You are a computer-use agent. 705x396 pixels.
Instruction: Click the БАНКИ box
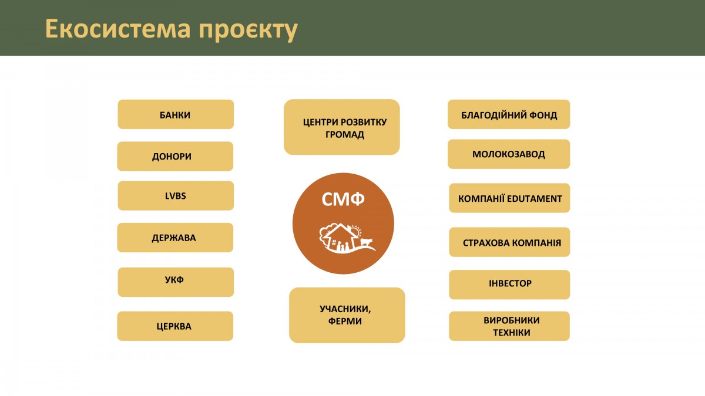pos(176,114)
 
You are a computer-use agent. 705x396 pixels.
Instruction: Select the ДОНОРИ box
pos(175,156)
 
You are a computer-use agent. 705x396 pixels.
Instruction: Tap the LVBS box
pos(176,195)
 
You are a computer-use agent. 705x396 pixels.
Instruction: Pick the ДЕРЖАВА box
pos(175,238)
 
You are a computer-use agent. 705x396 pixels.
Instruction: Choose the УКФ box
pos(176,282)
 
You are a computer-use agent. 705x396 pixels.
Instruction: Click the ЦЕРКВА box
pos(175,326)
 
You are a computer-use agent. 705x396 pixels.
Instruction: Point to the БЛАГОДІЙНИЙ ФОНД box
pos(509,114)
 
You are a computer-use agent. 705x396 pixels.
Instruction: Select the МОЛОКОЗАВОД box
pos(509,154)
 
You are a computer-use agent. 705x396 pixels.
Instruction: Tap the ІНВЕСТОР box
pos(509,285)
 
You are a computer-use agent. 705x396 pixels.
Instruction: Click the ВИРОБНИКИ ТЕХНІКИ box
pos(509,326)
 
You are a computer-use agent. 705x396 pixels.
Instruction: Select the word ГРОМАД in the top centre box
pos(345,134)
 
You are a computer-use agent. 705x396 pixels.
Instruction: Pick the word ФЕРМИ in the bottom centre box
pos(345,321)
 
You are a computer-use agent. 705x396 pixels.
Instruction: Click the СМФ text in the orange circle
pos(343,199)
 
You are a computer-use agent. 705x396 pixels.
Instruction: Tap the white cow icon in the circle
pos(367,242)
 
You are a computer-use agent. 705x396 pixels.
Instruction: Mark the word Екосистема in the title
pos(118,29)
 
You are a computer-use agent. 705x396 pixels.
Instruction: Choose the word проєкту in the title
pos(248,30)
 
